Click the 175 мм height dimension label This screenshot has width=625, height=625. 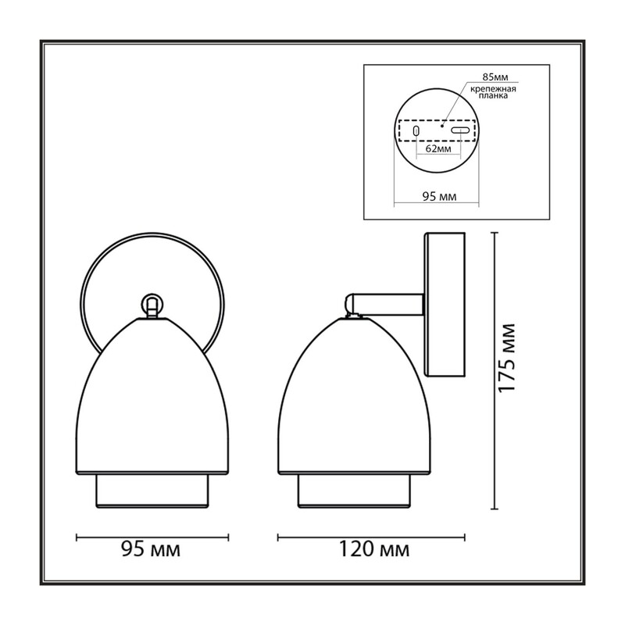coord(507,358)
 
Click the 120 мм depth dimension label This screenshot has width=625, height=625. coord(374,549)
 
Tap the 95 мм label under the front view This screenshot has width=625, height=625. coord(151,549)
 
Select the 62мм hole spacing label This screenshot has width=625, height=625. coord(438,149)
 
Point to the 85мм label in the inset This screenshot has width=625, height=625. coord(495,77)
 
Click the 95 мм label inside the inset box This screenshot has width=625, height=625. coord(439,196)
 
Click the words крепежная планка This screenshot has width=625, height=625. coord(493,92)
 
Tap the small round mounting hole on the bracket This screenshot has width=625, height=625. coord(416,130)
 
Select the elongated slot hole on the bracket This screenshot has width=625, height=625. coord(460,130)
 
